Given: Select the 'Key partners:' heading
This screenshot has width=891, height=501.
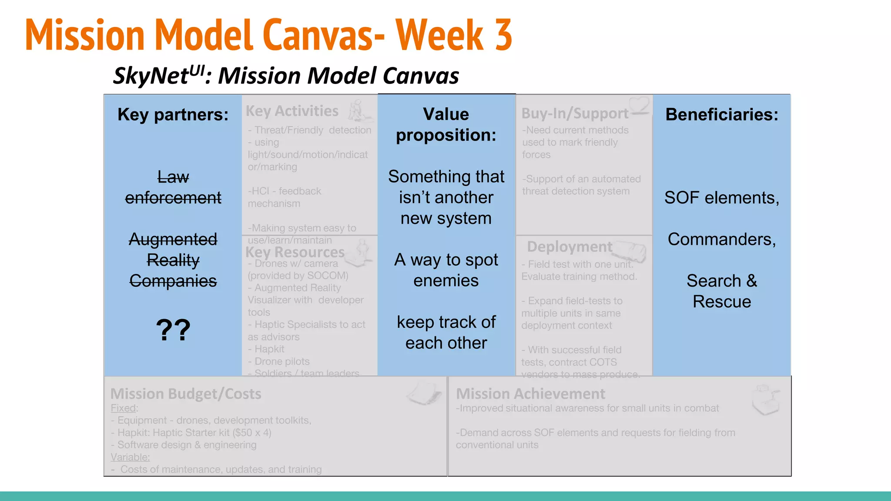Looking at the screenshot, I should (173, 114).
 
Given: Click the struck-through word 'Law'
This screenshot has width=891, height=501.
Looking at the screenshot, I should (173, 177).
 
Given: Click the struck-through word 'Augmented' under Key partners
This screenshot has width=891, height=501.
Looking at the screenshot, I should (173, 239).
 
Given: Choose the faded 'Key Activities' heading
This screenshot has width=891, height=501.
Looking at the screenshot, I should (292, 111).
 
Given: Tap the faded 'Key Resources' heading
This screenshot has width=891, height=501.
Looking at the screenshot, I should (295, 252).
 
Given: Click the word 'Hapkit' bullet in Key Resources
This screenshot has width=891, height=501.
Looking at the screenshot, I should (269, 349).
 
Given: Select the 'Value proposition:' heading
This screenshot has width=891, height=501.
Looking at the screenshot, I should (446, 124).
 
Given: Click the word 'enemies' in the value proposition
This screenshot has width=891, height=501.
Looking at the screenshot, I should (446, 281).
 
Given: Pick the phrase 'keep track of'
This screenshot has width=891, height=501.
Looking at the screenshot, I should (446, 322).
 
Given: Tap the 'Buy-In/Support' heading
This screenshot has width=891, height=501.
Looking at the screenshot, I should (575, 114).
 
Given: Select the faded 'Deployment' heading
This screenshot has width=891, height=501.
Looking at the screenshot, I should (569, 247).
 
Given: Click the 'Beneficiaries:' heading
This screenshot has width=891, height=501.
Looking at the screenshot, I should (722, 114).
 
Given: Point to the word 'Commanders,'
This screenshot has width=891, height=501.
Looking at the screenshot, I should (722, 239).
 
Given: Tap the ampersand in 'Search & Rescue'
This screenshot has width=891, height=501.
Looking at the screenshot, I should (751, 281).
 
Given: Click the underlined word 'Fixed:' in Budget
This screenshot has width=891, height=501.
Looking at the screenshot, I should (124, 408).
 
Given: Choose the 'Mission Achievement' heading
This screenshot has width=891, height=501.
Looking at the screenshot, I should (530, 394).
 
